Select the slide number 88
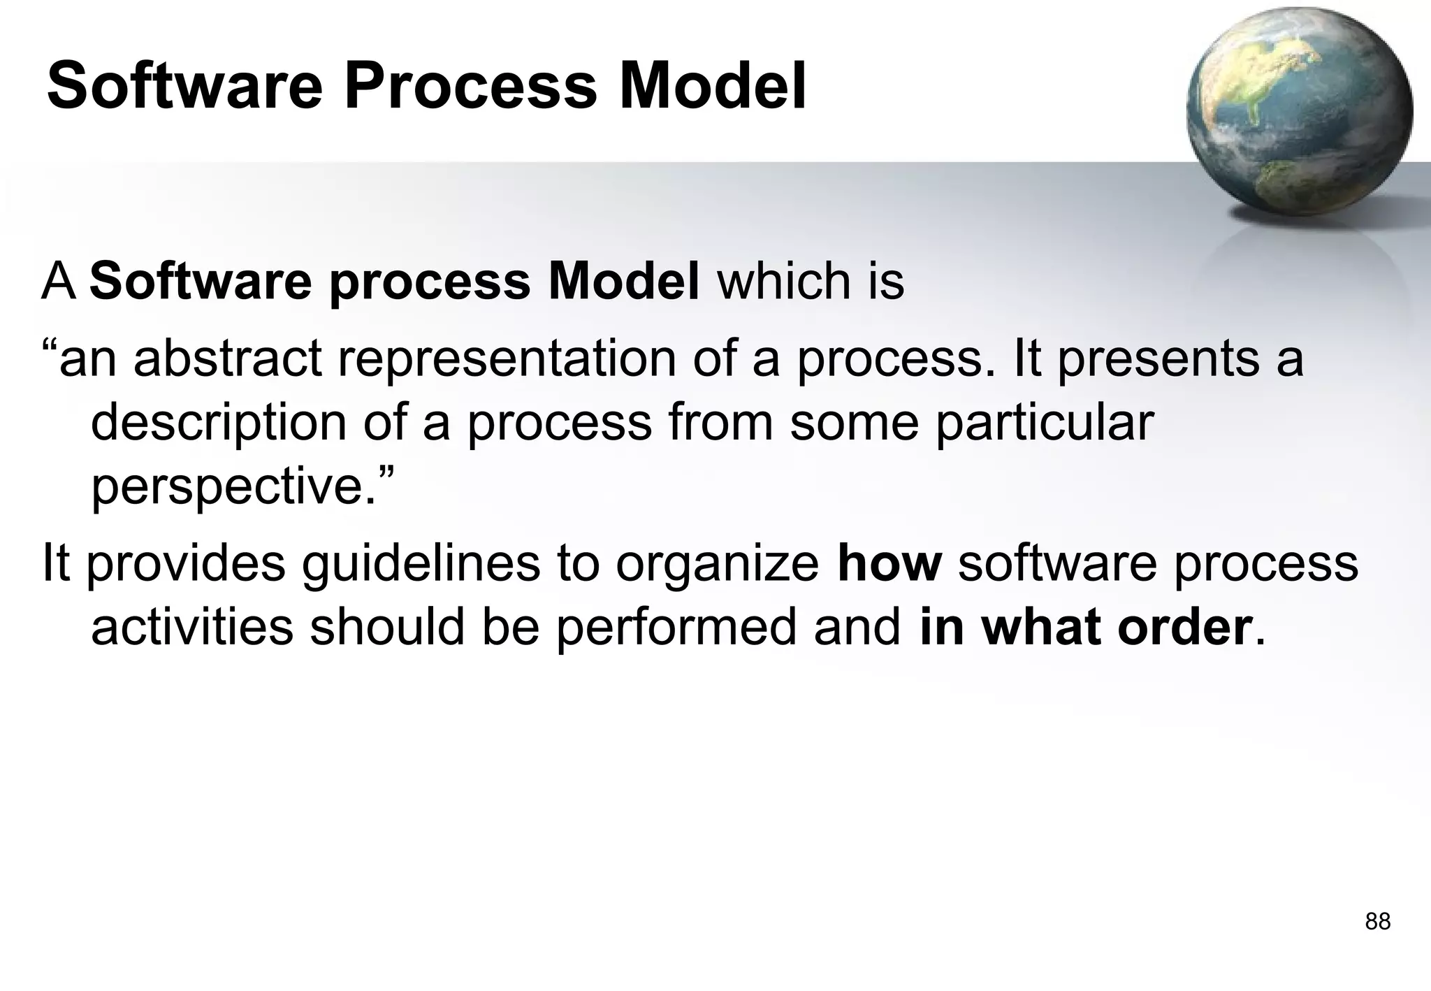(x=1377, y=922)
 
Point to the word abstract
(x=228, y=359)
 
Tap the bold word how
(x=889, y=563)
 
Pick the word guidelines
(x=421, y=564)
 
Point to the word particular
(x=1044, y=423)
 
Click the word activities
(x=192, y=627)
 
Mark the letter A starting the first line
(x=59, y=282)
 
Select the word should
(x=387, y=627)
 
